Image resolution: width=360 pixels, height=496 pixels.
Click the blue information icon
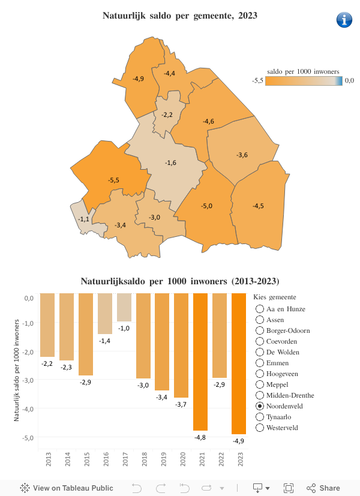(344, 20)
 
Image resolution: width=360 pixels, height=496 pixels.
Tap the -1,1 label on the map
(84, 219)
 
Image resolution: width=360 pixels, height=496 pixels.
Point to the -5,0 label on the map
(206, 206)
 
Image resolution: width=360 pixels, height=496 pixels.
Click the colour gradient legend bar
(304, 81)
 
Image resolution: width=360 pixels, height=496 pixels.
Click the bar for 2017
(124, 307)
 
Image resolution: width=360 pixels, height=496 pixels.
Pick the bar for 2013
(47, 324)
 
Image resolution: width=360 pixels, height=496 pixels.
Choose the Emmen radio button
(260, 363)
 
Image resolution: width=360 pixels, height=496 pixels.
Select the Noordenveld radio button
(260, 406)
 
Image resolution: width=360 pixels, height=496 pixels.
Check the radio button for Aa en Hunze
(260, 309)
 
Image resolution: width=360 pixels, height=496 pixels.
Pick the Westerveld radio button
(260, 428)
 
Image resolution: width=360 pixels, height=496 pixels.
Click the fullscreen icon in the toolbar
(289, 488)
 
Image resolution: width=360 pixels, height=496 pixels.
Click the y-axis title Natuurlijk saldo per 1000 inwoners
(17, 369)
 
